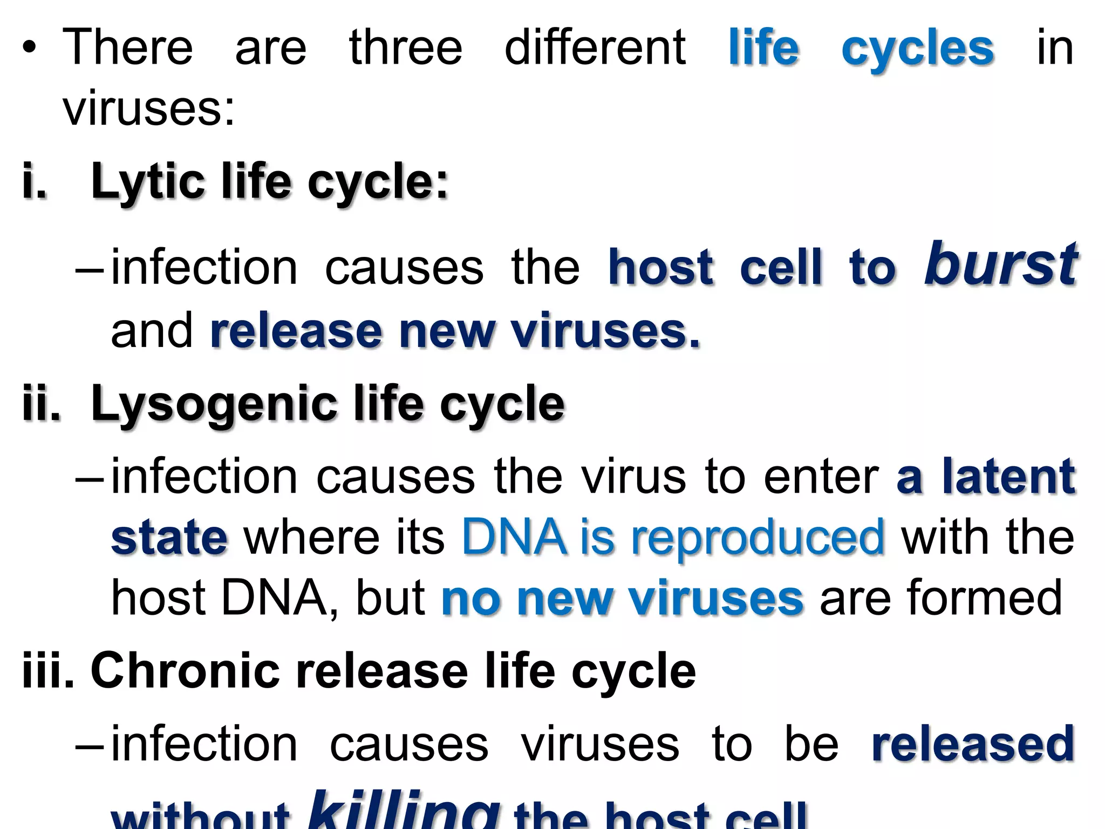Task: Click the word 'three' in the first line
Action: tap(406, 47)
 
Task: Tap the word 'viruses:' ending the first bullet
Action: tap(149, 108)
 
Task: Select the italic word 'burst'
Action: tap(1001, 264)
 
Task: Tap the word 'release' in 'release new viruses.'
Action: tap(296, 331)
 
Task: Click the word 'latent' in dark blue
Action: tap(1009, 477)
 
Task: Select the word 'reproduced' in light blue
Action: tap(758, 538)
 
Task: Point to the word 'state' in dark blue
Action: tap(169, 538)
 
